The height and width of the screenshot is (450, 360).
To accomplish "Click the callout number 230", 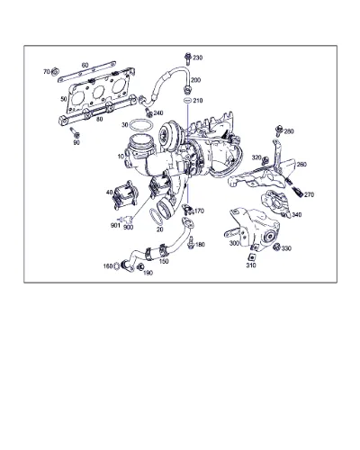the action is pyautogui.click(x=197, y=58).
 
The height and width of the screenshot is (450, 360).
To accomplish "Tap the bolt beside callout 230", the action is pyautogui.click(x=188, y=58).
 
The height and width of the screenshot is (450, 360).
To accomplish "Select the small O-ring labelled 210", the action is pyautogui.click(x=187, y=100).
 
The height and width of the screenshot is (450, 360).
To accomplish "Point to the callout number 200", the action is pyautogui.click(x=195, y=80).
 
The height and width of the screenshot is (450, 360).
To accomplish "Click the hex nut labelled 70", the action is pyautogui.click(x=55, y=72).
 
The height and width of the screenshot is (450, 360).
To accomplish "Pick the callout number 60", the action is pyautogui.click(x=85, y=65).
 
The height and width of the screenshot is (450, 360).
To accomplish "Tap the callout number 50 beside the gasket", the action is pyautogui.click(x=64, y=99).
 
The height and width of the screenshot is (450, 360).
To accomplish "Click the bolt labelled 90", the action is pyautogui.click(x=75, y=132).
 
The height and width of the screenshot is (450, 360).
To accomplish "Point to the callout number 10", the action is pyautogui.click(x=121, y=157).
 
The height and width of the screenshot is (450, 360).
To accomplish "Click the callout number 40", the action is pyautogui.click(x=109, y=193).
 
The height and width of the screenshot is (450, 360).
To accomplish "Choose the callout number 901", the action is pyautogui.click(x=115, y=225).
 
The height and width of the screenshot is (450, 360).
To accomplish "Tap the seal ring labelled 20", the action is pyautogui.click(x=156, y=217).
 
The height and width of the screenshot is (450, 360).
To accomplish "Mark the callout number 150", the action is pyautogui.click(x=164, y=261).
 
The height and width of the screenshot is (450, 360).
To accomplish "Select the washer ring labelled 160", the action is pyautogui.click(x=116, y=265).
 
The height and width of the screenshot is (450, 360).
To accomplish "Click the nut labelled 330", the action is pyautogui.click(x=277, y=247).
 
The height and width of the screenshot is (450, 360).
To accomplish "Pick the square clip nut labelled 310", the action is pyautogui.click(x=251, y=256).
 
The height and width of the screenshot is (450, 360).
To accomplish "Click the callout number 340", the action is pyautogui.click(x=297, y=215).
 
